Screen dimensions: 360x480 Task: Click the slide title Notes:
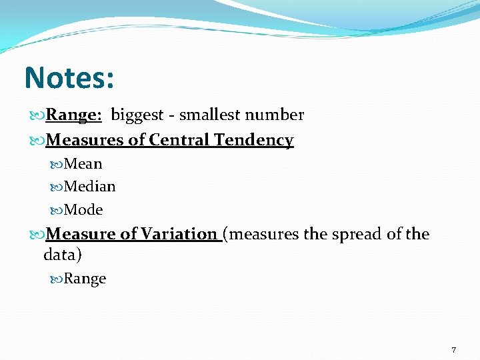pyautogui.click(x=69, y=77)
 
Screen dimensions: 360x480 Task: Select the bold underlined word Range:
pyautogui.click(x=73, y=115)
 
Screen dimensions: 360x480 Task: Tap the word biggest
pyautogui.click(x=137, y=115)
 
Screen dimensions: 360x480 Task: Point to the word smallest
pyautogui.click(x=210, y=115)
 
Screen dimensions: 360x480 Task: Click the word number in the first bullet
pyautogui.click(x=274, y=115)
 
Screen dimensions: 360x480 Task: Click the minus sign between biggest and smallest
pyautogui.click(x=171, y=116)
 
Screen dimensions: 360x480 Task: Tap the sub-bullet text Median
pyautogui.click(x=89, y=187)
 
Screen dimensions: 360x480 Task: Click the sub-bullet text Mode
pyautogui.click(x=83, y=210)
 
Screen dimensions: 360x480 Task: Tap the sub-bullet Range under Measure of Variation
pyautogui.click(x=85, y=279)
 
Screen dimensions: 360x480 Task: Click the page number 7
pyautogui.click(x=453, y=350)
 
